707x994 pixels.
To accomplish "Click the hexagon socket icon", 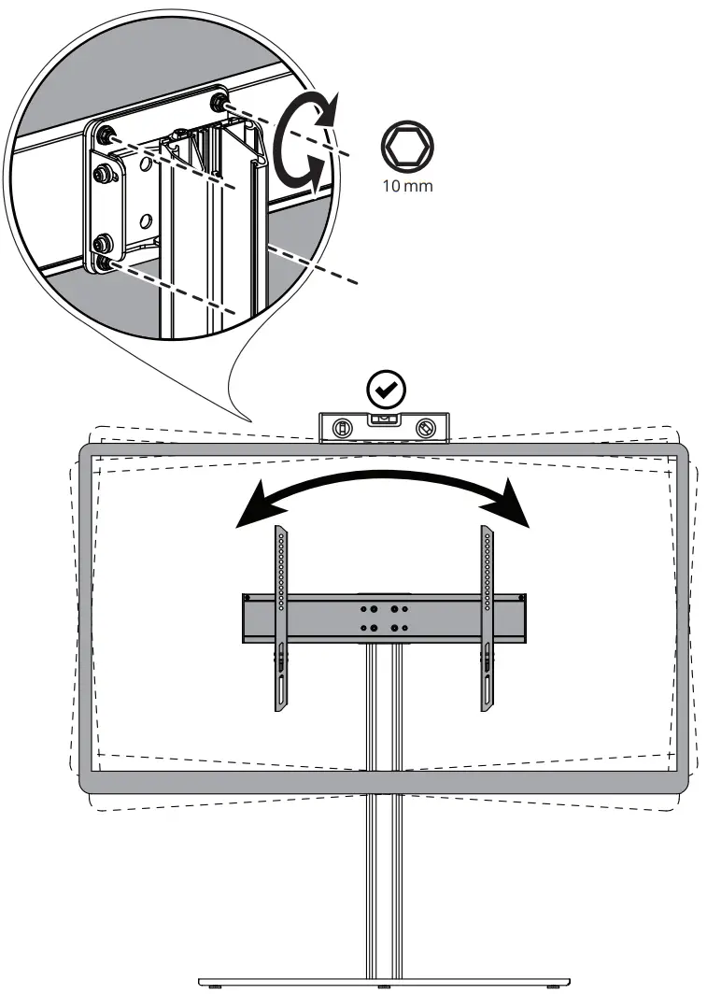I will click(407, 147).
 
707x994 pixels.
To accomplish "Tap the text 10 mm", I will click(407, 185).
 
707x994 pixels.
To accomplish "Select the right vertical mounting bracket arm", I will click(486, 617).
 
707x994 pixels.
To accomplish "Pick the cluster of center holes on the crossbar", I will click(383, 618).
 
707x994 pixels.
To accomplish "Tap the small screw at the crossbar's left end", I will click(246, 597).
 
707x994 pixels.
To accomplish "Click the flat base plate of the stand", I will click(383, 981).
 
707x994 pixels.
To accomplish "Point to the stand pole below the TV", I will click(383, 878).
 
